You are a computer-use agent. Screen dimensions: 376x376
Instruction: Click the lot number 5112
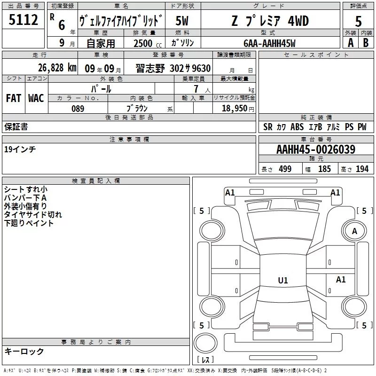[x=23, y=20]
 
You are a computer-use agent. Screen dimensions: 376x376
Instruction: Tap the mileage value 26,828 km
[x=57, y=68]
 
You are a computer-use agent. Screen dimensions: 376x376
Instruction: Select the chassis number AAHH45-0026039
[x=316, y=149]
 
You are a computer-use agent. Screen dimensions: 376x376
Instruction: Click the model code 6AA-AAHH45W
[x=269, y=43]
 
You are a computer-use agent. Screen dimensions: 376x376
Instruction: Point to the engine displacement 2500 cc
[x=148, y=43]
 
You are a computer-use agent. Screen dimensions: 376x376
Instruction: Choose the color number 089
[x=78, y=109]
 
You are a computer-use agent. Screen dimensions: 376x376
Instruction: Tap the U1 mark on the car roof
[x=283, y=280]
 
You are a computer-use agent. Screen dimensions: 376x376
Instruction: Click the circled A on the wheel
[x=354, y=231]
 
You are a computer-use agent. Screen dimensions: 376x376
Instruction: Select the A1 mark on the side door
[x=341, y=279]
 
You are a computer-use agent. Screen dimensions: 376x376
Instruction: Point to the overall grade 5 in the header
[x=358, y=21]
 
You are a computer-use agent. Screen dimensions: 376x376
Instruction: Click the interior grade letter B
[x=366, y=43]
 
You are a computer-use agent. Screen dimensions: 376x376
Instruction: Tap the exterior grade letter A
[x=351, y=43]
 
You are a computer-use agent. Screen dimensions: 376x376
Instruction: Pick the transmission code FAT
[x=14, y=98]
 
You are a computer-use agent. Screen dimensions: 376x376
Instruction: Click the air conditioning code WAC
[x=36, y=98]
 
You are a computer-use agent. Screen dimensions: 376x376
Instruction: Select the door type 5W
[x=182, y=21]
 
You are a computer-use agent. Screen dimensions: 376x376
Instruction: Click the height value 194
[x=362, y=169]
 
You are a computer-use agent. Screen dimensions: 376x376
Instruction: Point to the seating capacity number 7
[x=196, y=89]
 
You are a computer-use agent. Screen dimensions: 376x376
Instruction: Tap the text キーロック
[x=24, y=352]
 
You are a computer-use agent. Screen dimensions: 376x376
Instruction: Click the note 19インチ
[x=20, y=149]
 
